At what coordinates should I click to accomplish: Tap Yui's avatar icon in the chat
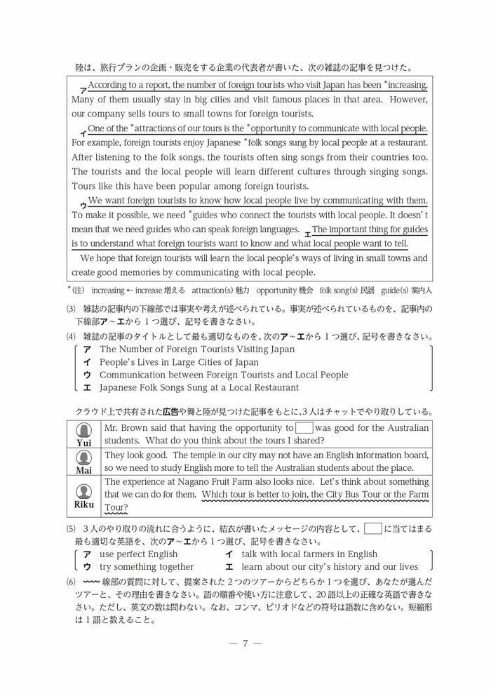(x=83, y=429)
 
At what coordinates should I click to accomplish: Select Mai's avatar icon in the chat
(x=83, y=457)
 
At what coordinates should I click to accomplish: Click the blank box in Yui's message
(x=304, y=427)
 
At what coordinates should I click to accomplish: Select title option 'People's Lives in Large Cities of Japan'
(x=179, y=362)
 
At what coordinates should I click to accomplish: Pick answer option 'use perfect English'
(x=138, y=554)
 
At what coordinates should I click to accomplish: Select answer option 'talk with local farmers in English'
(x=309, y=554)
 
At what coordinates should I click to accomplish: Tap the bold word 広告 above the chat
(x=172, y=411)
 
